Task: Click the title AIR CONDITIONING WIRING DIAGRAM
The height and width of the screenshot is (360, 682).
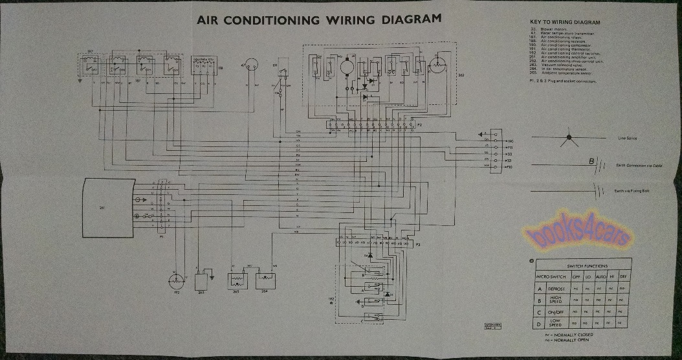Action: point(319,19)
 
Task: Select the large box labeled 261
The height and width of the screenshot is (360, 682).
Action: point(109,207)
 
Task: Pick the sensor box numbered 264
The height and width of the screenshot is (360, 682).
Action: point(266,280)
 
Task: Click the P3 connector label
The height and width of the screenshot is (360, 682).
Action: point(418,246)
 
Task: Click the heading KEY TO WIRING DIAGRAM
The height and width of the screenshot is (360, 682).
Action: point(569,23)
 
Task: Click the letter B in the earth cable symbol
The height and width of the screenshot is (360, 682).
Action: point(590,162)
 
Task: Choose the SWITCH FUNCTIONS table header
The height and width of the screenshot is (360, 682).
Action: point(578,266)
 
